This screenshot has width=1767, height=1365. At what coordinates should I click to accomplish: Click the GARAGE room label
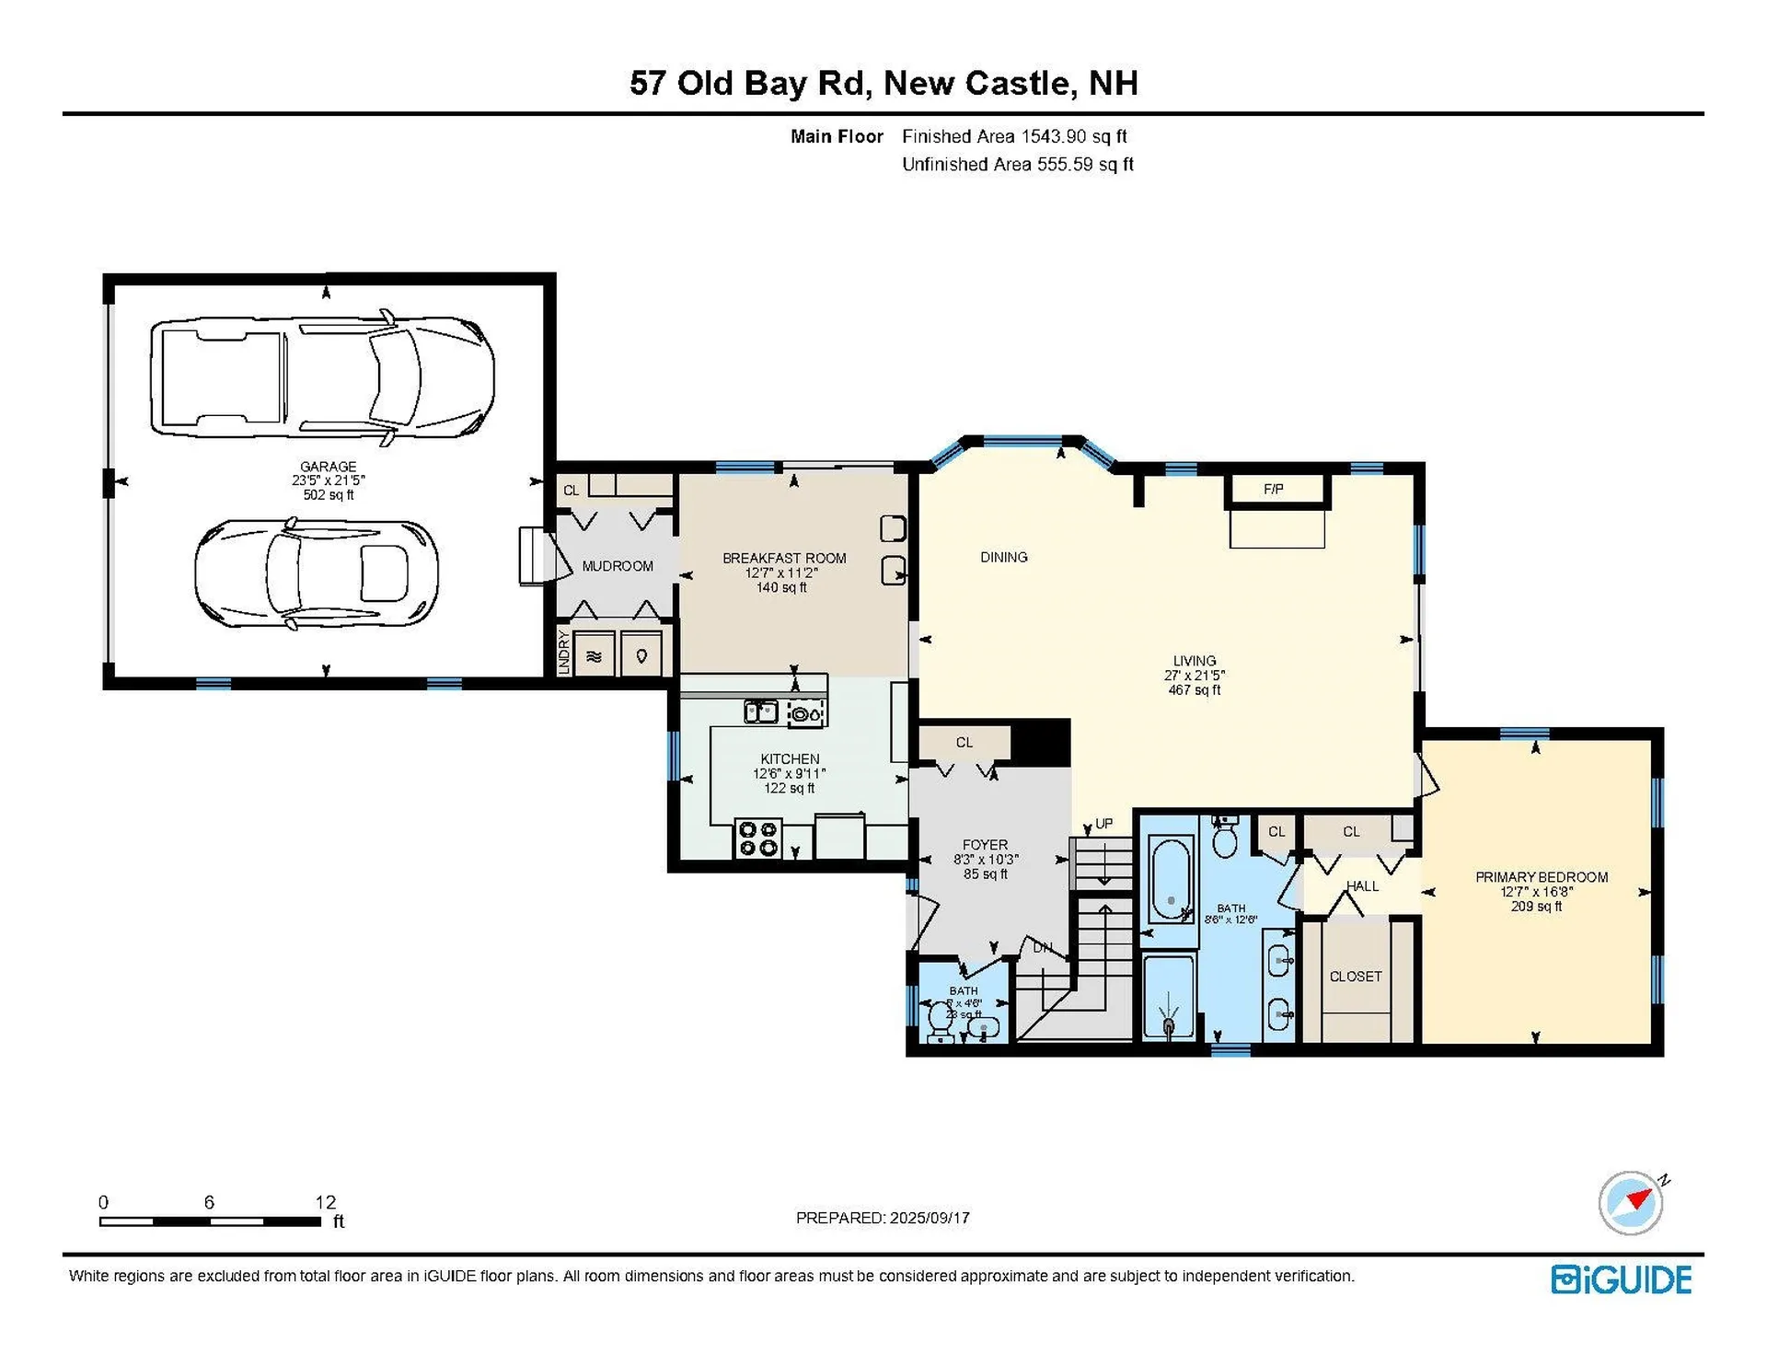(x=328, y=467)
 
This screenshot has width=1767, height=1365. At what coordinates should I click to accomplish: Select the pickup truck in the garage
(x=322, y=377)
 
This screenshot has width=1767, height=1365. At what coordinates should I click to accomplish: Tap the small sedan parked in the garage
(x=316, y=573)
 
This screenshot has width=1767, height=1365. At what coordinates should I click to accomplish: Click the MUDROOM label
(x=618, y=566)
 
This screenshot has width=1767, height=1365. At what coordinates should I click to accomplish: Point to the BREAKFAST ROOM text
(x=783, y=558)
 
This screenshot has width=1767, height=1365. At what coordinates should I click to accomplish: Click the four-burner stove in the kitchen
(x=758, y=839)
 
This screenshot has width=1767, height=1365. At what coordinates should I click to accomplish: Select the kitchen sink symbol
(x=761, y=711)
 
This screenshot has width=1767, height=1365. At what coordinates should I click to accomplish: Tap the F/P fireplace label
(x=1274, y=490)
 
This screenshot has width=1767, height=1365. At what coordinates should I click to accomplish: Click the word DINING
(x=1003, y=557)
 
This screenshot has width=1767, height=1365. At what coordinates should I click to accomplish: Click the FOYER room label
(x=985, y=844)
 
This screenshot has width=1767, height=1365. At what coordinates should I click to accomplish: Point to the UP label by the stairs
(x=1103, y=824)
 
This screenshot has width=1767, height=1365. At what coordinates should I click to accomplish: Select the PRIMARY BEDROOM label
(x=1542, y=877)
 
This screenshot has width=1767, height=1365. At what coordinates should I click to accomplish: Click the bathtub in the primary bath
(x=1171, y=879)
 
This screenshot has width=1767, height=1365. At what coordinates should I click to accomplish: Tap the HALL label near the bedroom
(x=1362, y=885)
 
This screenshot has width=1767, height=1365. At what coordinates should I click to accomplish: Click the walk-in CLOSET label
(x=1356, y=976)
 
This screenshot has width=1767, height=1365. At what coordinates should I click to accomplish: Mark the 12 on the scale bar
(x=325, y=1202)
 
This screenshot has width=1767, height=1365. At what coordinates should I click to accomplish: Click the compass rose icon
(x=1631, y=1203)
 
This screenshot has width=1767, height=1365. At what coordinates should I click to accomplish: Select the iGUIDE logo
(x=1621, y=1280)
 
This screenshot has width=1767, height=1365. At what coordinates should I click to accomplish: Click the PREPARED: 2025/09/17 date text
(x=883, y=1218)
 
